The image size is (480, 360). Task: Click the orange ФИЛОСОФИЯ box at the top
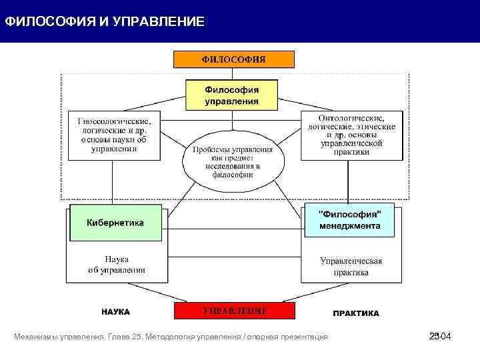tap(233, 59)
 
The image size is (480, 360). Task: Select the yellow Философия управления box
tap(231, 95)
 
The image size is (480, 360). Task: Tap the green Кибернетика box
tap(115, 223)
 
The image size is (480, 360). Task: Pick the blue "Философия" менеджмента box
tap(349, 220)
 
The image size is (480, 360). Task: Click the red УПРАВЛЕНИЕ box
tap(234, 311)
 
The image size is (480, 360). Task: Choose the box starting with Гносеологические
tap(115, 135)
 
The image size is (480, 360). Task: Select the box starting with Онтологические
tap(351, 135)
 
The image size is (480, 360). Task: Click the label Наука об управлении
tap(117, 265)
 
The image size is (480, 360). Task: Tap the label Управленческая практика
tap(351, 266)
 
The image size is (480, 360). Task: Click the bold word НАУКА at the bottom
tap(115, 312)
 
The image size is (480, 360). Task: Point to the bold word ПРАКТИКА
tap(355, 313)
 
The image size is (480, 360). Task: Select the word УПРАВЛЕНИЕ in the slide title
tap(158, 22)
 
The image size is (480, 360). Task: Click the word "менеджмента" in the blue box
tap(349, 226)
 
